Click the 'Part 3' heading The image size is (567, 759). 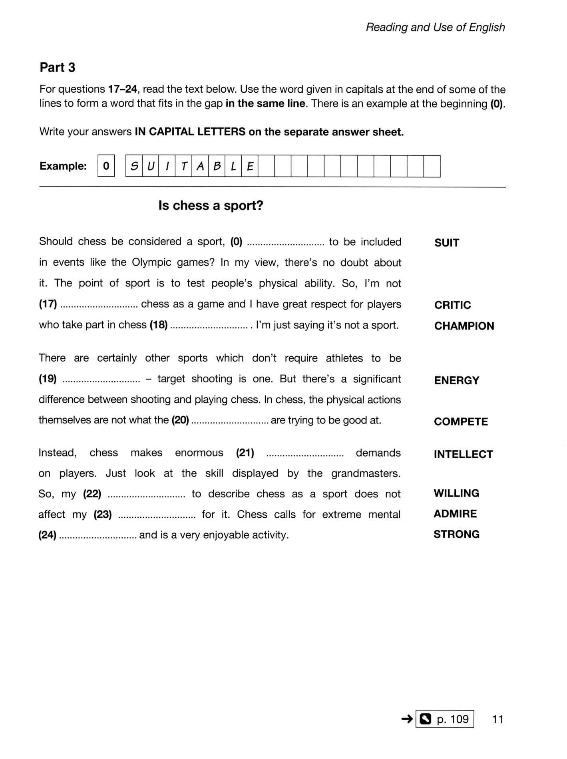tap(57, 68)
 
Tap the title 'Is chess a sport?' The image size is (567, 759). tap(211, 205)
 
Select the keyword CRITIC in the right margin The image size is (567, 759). tap(452, 305)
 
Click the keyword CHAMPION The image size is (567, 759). tap(464, 326)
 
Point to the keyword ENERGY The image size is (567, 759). tap(456, 380)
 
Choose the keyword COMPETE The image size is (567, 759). tap(461, 421)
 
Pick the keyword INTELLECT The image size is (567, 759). tap(463, 454)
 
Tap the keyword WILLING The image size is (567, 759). tap(456, 493)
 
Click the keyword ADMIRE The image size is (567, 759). tap(455, 513)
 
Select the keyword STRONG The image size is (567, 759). tap(456, 534)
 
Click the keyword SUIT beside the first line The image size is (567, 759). tap(446, 242)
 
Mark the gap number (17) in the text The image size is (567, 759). tap(48, 304)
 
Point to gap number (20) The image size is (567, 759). tap(180, 420)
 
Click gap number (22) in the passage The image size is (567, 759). tap(92, 494)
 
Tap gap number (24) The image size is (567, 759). tap(47, 535)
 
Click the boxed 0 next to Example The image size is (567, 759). tap(106, 166)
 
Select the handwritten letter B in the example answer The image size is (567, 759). tap(217, 166)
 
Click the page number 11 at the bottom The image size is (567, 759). tap(497, 719)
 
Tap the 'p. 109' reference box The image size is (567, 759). tap(444, 719)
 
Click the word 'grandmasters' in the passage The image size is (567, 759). tap(365, 473)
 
